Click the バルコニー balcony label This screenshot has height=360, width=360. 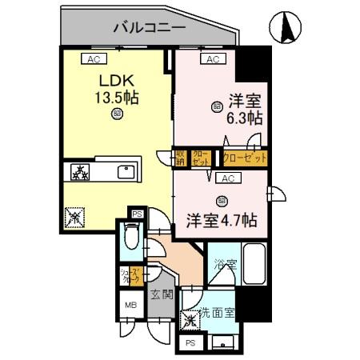pyautogui.click(x=150, y=27)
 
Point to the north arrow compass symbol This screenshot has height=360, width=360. pyautogui.click(x=286, y=30)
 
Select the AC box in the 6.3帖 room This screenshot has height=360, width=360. pyautogui.click(x=213, y=59)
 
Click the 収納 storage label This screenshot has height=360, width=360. pyautogui.click(x=182, y=157)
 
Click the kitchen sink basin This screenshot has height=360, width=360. pyautogui.click(x=126, y=172)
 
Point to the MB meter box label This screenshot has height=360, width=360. pyautogui.click(x=128, y=304)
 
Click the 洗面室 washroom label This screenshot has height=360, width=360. pyautogui.click(x=217, y=311)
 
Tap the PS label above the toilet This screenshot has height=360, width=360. pyautogui.click(x=136, y=214)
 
